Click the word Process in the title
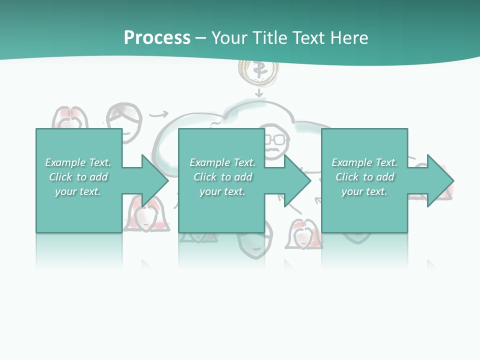pyautogui.click(x=157, y=38)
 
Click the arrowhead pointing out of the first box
pyautogui.click(x=152, y=180)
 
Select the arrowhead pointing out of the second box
pyautogui.click(x=295, y=180)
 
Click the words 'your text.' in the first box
pyautogui.click(x=78, y=191)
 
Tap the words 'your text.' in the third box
pyautogui.click(x=364, y=191)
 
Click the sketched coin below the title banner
pyautogui.click(x=258, y=71)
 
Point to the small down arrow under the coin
pyautogui.click(x=259, y=93)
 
